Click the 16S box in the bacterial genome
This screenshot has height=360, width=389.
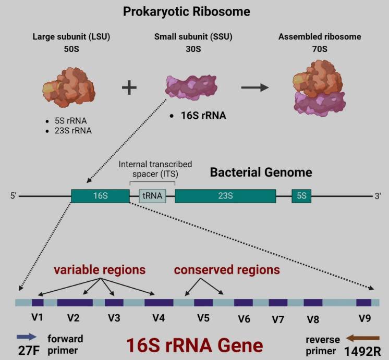point(100,196)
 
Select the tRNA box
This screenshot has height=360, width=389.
point(153,196)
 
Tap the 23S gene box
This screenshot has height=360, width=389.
point(225,196)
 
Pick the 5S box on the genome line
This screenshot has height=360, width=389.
point(302,196)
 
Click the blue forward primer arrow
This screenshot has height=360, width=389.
point(26,338)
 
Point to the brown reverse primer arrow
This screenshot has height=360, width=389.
point(363,338)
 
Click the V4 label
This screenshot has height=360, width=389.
point(158,317)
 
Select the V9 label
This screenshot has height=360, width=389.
point(364,317)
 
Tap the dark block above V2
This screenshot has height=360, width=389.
point(75,303)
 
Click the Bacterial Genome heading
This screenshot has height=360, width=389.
point(261,172)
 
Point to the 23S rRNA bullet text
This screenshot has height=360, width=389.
point(72,130)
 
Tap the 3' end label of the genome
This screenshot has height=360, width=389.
point(378,196)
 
